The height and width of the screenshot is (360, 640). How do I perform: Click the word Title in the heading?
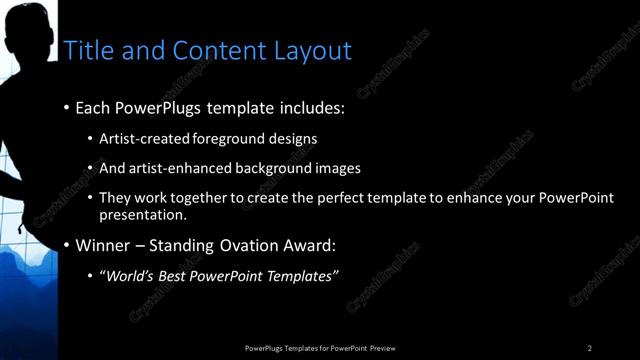(x=86, y=51)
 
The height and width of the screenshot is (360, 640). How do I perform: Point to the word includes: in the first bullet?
(x=304, y=107)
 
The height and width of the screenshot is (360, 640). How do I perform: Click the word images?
(x=334, y=168)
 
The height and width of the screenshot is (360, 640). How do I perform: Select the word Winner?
(x=104, y=245)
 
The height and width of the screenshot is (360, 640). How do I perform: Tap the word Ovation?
(x=258, y=245)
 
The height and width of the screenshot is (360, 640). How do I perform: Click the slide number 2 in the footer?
(x=590, y=348)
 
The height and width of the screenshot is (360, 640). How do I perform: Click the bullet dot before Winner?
(x=67, y=245)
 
